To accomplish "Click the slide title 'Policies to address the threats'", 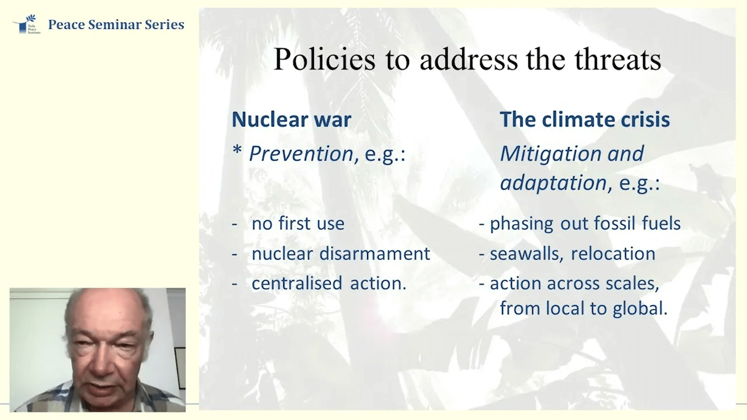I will tap(467, 60).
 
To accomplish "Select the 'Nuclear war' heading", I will tap(291, 120).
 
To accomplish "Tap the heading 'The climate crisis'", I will tap(584, 120).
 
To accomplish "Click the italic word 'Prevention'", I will tap(301, 154).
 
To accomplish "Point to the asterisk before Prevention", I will tap(237, 153).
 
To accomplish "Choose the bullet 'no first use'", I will tap(298, 224).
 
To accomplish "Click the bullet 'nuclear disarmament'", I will tap(340, 254).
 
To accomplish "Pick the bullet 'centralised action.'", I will tap(329, 283).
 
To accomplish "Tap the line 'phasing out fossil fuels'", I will tap(585, 224).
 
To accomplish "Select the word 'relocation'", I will tap(613, 254).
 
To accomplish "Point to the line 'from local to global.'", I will tap(583, 309).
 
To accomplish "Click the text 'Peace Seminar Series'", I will tap(116, 24).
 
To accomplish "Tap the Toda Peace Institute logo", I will tap(26, 24).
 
